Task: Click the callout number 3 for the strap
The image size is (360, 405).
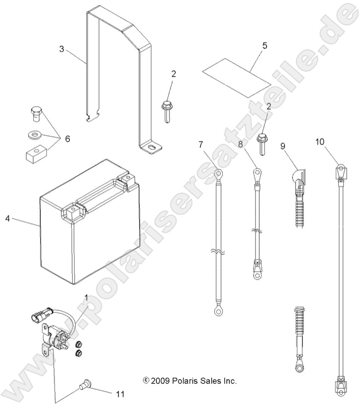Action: [x=62, y=49]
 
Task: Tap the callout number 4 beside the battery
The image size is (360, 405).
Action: [x=8, y=218]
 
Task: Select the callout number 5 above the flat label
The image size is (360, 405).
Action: [x=264, y=45]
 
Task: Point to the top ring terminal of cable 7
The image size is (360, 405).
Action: [x=218, y=174]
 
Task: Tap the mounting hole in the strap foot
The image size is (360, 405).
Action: [x=151, y=148]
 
